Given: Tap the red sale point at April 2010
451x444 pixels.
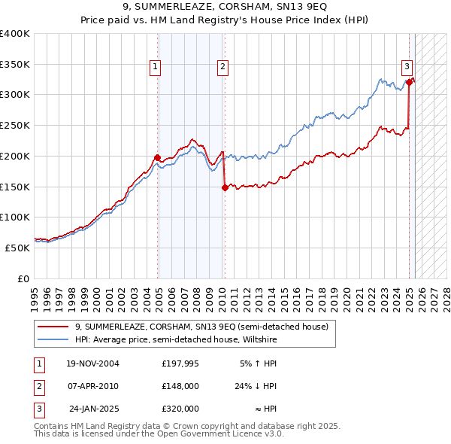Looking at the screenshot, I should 225,188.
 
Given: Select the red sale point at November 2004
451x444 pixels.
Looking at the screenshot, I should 158,157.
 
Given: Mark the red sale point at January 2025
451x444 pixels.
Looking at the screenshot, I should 410,82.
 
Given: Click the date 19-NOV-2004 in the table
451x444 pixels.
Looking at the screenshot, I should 92,363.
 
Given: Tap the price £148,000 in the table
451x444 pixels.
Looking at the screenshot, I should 180,386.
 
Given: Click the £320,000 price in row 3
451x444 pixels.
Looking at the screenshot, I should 180,409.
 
